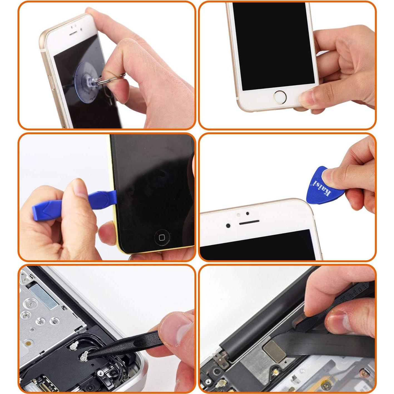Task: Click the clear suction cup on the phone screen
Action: tap(86, 76)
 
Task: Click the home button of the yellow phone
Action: tap(162, 237)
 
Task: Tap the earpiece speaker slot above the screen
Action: tap(249, 222)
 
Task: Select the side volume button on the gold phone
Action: tap(52, 82)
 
